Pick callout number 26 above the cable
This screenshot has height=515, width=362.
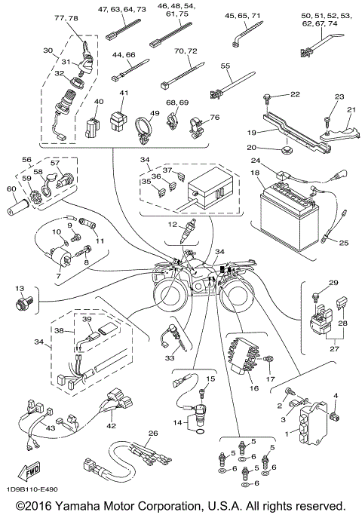[153, 434]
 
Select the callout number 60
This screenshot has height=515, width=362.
[11, 189]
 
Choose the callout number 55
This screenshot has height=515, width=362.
[225, 66]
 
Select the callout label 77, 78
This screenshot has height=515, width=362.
[68, 17]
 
